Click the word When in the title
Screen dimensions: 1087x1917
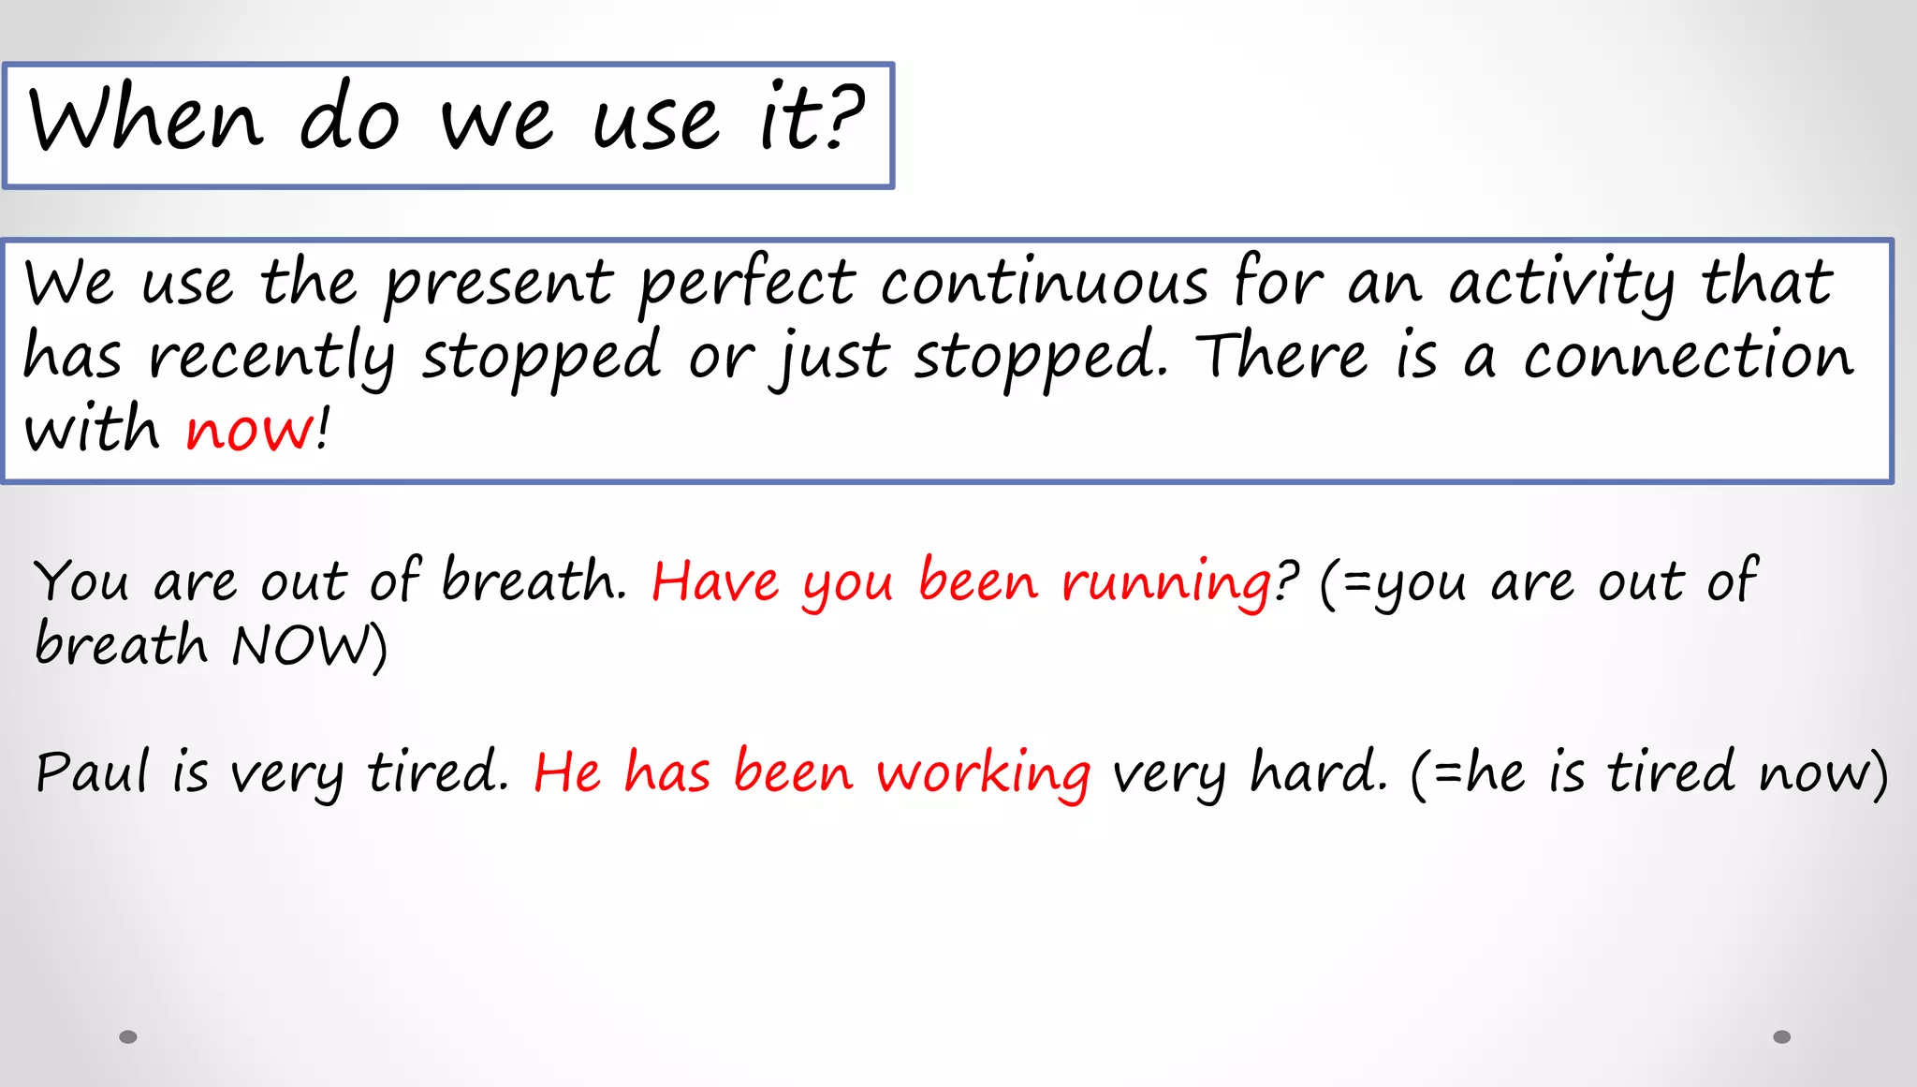145,120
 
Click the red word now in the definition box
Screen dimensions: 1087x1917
251,430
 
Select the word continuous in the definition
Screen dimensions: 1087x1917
1044,283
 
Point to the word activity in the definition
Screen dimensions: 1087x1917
1560,283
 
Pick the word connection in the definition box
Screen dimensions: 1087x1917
1687,357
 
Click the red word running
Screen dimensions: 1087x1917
1166,582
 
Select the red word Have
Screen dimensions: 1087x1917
714,582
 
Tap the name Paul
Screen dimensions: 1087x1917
92,773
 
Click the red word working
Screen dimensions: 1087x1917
983,773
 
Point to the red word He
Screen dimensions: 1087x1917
566,773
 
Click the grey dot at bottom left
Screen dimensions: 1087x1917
128,1036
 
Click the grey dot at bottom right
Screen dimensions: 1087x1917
1781,1036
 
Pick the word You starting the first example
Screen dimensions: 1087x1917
81,582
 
